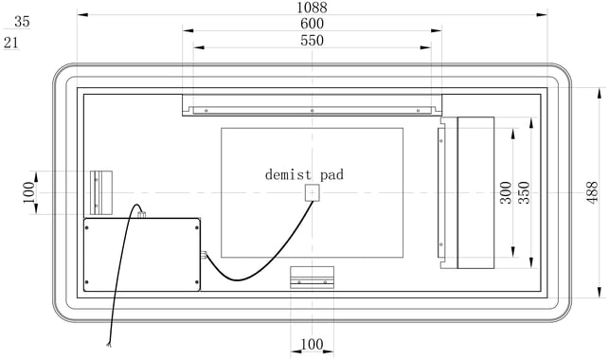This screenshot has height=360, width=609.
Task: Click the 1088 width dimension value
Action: (x=312, y=8)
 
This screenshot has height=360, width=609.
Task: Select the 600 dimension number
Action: (x=312, y=24)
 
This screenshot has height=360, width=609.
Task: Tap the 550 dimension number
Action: (x=312, y=41)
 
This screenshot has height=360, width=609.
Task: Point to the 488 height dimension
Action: (x=592, y=192)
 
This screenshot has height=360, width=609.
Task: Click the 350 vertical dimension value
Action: (x=525, y=192)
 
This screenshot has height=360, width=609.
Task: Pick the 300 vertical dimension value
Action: (x=506, y=192)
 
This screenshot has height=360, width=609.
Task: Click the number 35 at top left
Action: (x=22, y=22)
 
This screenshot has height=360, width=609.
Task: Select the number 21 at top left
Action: (x=11, y=43)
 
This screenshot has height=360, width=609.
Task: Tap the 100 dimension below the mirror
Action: (x=312, y=344)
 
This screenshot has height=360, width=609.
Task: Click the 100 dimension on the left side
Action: (x=28, y=192)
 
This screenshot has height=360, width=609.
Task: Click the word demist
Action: (x=288, y=174)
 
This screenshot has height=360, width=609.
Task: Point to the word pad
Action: (x=332, y=175)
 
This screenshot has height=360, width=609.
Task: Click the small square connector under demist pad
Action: (x=312, y=192)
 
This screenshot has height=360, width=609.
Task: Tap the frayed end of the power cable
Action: (x=109, y=344)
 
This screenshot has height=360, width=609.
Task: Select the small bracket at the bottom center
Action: (x=312, y=278)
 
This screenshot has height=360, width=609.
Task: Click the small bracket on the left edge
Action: (x=101, y=192)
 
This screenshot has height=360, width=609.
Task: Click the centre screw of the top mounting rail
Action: (x=312, y=111)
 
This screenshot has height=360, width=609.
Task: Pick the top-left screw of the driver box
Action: (x=86, y=227)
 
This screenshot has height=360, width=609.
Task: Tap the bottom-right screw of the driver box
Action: (x=197, y=282)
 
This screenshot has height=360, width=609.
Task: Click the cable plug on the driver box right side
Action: (x=203, y=255)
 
